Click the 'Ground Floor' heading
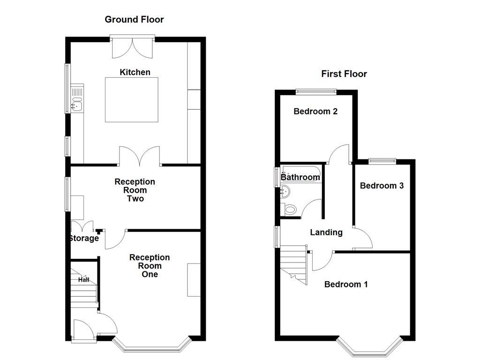[x=134, y=19]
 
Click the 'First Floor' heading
[x=344, y=74]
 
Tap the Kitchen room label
[x=135, y=72]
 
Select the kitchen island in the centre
[x=131, y=100]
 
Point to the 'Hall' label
[x=83, y=280]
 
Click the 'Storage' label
[x=84, y=238]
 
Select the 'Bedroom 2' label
[x=315, y=112]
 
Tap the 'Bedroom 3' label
[x=382, y=186]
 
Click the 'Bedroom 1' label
[x=346, y=284]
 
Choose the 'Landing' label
[x=326, y=232]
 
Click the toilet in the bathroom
[x=291, y=210]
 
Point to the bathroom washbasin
[x=285, y=191]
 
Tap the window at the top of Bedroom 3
[x=382, y=161]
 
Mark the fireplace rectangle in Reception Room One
[x=194, y=280]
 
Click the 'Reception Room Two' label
[x=135, y=190]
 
